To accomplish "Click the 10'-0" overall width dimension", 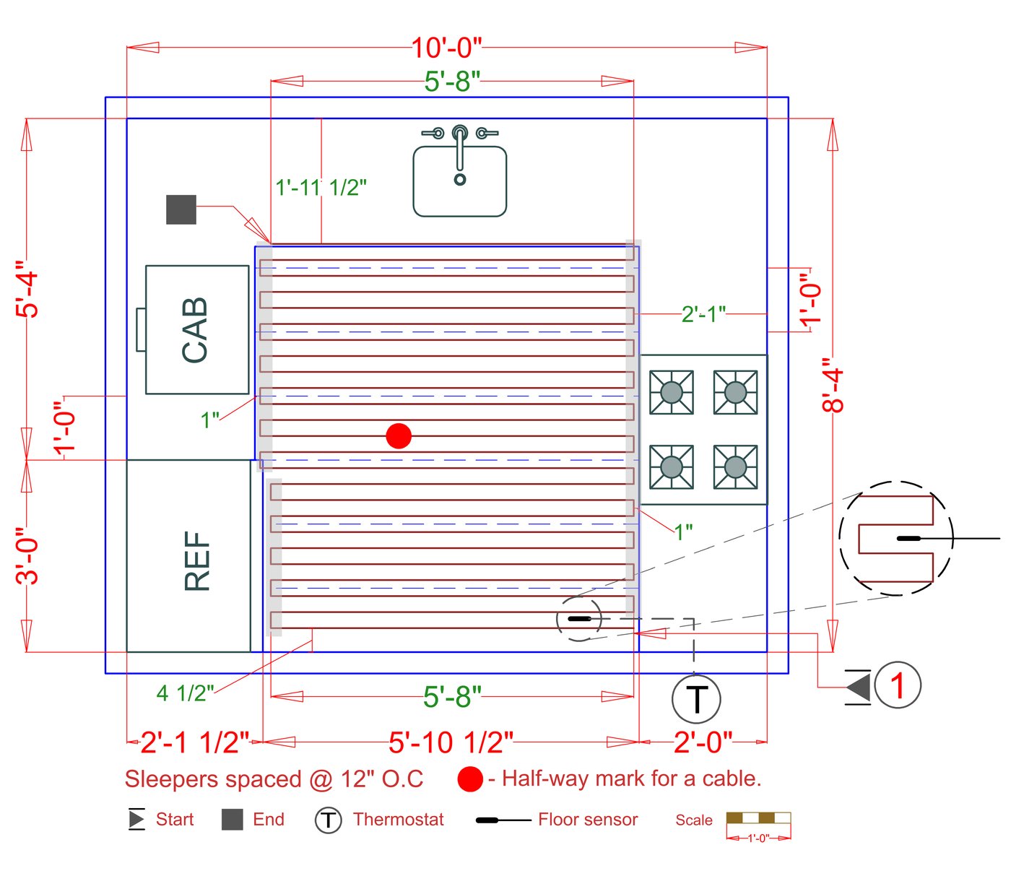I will [x=446, y=48].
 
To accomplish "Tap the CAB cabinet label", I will [x=195, y=329].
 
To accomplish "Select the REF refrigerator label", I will [x=197, y=561].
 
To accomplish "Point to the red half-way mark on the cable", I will [x=399, y=436].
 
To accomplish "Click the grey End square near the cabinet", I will [x=181, y=209].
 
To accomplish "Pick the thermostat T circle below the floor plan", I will [x=696, y=699].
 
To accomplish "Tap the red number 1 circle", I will [x=898, y=685].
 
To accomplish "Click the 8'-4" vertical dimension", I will [x=833, y=390].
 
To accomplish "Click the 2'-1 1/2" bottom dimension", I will [x=194, y=742].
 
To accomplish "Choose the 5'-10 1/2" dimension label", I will [x=451, y=742].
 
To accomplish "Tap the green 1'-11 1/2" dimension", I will [x=321, y=188].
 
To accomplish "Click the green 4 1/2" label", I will [x=185, y=694].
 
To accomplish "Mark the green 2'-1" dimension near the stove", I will [x=703, y=314].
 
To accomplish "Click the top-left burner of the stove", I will [x=672, y=392].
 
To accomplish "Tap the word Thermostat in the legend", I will [x=399, y=820].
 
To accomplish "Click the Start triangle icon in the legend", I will [x=136, y=819].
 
